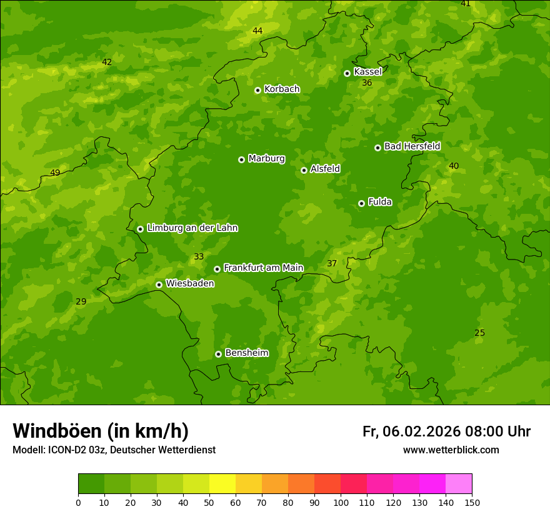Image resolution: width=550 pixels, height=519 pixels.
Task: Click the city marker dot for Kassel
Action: click(347, 73)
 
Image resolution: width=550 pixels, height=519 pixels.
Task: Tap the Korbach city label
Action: click(282, 89)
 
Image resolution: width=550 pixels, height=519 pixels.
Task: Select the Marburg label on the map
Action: click(266, 159)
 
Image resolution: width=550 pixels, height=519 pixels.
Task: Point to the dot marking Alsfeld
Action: click(304, 170)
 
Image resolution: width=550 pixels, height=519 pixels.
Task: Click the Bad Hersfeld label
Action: click(412, 146)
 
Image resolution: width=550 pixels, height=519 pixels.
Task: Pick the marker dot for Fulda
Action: click(361, 203)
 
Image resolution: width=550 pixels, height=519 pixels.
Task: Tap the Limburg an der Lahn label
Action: click(192, 228)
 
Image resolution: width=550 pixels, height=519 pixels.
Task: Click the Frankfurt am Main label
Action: click(263, 268)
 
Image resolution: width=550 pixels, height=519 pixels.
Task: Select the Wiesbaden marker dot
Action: click(159, 285)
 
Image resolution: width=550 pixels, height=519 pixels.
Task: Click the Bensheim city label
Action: click(246, 353)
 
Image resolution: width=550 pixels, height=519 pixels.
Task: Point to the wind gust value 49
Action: click(55, 173)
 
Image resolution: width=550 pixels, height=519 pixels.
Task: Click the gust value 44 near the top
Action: click(257, 31)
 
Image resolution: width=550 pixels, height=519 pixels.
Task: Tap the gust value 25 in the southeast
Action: click(479, 333)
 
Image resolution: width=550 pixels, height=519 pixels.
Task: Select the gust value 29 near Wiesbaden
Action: click(81, 302)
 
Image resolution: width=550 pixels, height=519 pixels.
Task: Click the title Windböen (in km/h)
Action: click(101, 431)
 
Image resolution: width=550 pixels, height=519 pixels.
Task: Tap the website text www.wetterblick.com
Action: click(451, 450)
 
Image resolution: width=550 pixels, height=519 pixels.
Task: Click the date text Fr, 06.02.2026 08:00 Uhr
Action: click(446, 431)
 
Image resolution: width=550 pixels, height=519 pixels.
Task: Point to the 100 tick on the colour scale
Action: click(341, 502)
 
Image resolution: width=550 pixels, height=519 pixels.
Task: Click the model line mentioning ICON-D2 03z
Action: click(114, 450)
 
